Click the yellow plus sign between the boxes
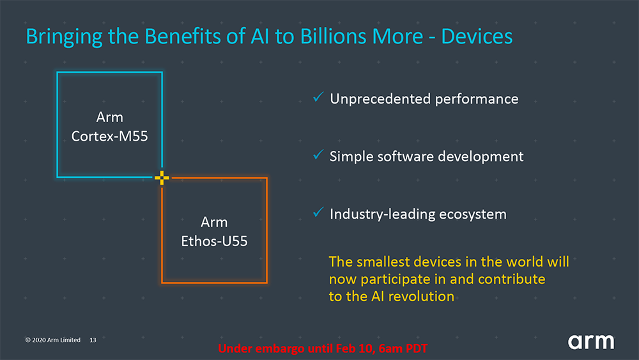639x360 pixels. coord(162,177)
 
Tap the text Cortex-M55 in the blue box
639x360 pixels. coord(110,136)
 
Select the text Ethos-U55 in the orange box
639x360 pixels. coord(214,241)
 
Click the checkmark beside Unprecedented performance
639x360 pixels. coord(318,97)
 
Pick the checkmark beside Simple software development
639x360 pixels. coord(318,155)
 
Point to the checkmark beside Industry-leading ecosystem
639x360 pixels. coord(318,212)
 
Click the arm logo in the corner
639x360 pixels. coord(591,341)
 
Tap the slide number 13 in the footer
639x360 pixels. coord(93,340)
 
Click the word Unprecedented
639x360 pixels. coord(380,99)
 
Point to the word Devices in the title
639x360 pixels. coord(477,36)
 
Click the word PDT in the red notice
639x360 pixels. coord(415,348)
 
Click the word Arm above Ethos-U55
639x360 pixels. coord(214,222)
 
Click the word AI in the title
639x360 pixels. coord(261,36)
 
